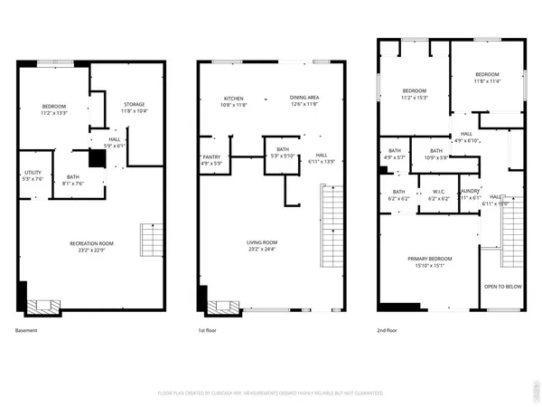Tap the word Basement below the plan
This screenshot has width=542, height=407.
click(x=27, y=331)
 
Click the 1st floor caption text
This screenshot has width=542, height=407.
click(x=209, y=331)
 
